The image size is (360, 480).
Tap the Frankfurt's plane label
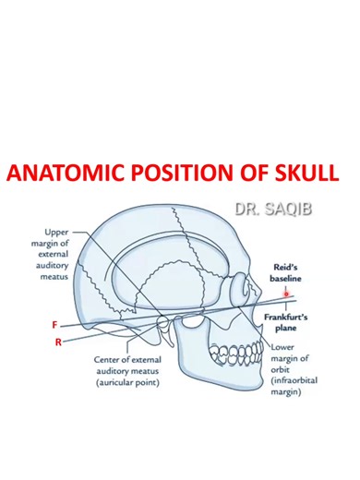(x=290, y=319)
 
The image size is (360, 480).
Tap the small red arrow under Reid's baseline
(x=287, y=293)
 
